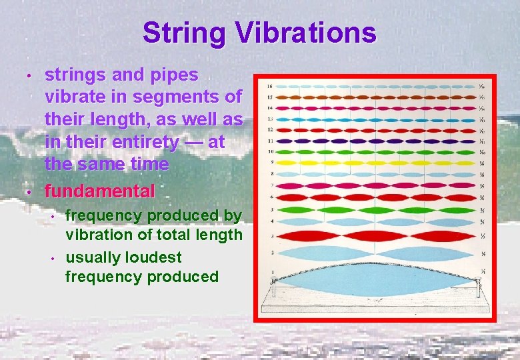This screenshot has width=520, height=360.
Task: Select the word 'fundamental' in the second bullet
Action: click(99, 191)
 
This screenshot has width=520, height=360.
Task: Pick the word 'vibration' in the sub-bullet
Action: click(99, 235)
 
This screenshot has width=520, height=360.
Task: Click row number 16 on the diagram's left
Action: click(269, 87)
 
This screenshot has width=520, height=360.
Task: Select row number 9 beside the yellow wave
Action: click(270, 162)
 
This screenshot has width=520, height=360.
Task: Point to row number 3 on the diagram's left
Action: click(271, 236)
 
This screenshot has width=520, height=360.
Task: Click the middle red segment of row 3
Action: click(376, 236)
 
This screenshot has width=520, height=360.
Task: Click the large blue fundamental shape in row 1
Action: click(376, 280)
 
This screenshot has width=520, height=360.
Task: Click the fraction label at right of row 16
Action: click(482, 87)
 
